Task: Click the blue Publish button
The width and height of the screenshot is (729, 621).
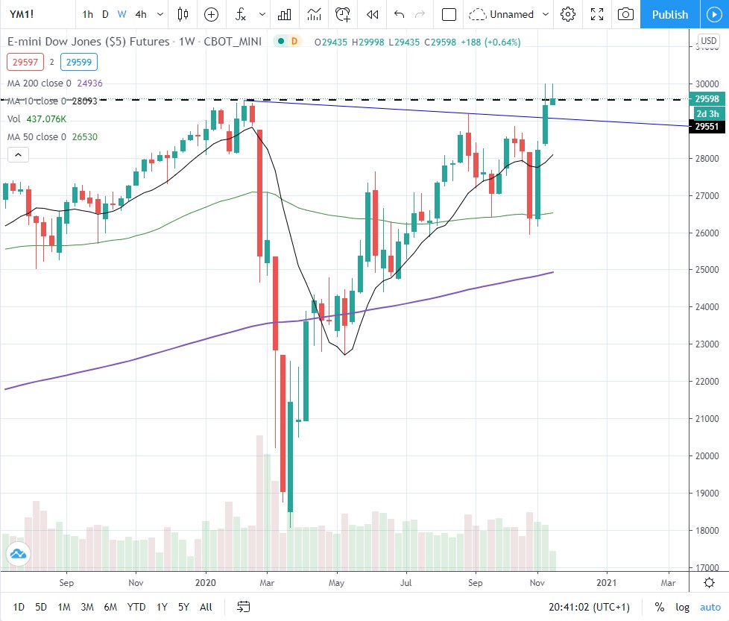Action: (x=669, y=14)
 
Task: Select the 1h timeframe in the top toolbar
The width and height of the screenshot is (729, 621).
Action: (x=88, y=14)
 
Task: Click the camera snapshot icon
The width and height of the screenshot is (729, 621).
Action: (x=626, y=14)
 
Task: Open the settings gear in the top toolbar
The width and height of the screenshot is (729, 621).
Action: (x=568, y=14)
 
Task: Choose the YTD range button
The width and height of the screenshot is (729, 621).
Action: (x=136, y=607)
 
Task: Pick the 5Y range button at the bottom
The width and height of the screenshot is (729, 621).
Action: (x=184, y=607)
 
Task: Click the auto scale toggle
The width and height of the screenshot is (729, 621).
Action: (x=710, y=607)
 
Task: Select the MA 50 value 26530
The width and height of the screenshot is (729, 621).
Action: (x=82, y=136)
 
